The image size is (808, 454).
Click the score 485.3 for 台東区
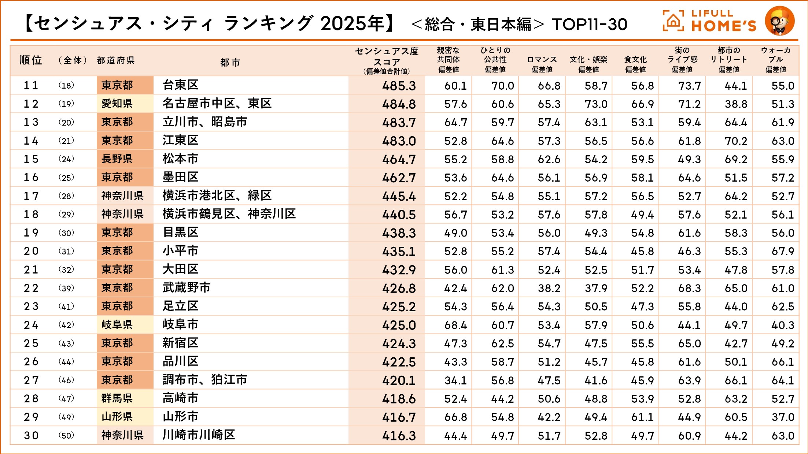tap(399, 86)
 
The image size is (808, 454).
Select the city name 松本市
tap(180, 159)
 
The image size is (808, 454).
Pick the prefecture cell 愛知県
tap(117, 104)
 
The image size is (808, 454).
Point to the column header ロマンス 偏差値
tap(542, 64)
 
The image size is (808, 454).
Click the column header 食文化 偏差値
tap(635, 64)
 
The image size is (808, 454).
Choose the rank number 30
tap(31, 435)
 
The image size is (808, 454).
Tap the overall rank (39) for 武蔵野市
tap(66, 288)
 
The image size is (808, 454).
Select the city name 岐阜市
tap(180, 324)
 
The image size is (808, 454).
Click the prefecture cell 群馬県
tap(117, 398)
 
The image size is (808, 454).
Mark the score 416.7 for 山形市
tap(399, 417)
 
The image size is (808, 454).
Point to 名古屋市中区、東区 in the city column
tap(217, 104)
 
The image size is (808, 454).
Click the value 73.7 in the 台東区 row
tap(689, 86)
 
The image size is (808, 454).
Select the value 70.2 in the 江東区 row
tap(736, 141)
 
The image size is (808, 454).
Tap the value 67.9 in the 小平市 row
tap(783, 251)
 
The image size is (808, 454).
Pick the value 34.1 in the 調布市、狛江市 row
tap(455, 380)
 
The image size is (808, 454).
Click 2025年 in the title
tap(352, 24)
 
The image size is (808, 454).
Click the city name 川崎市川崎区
tap(199, 435)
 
